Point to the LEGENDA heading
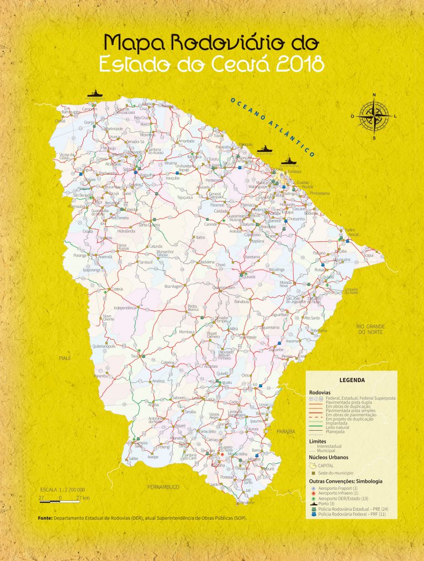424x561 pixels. click(352, 380)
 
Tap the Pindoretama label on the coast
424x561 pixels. click(320, 193)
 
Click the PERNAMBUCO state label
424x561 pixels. click(164, 486)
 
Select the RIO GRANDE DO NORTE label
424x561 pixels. click(370, 329)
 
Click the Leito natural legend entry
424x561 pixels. click(337, 430)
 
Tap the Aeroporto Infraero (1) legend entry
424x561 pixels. click(343, 493)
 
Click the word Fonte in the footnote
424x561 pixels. click(45, 518)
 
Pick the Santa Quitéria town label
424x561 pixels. click(149, 225)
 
